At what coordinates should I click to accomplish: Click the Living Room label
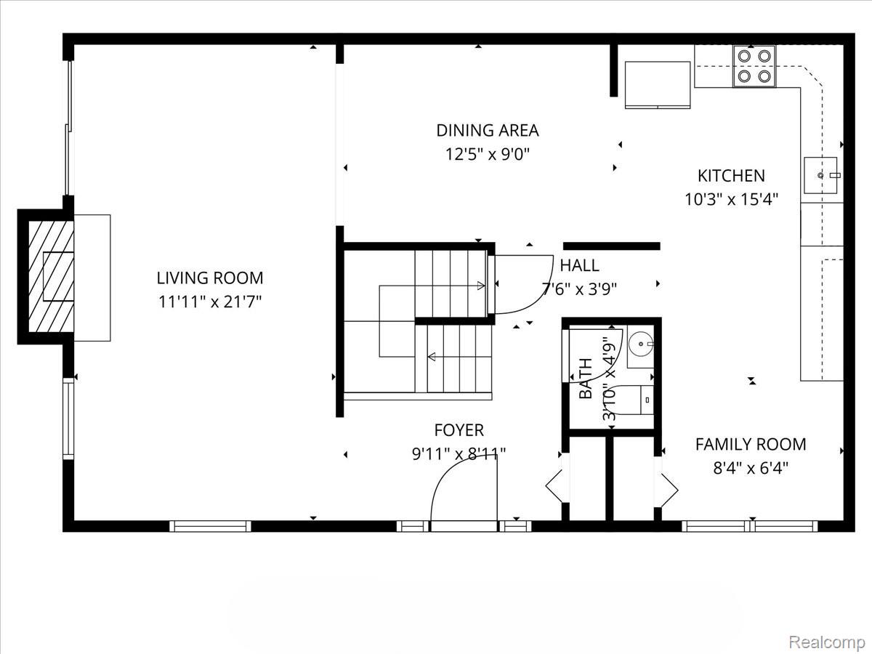click(x=210, y=278)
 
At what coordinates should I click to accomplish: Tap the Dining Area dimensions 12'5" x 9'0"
click(x=488, y=154)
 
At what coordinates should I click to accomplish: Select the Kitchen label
click(x=731, y=176)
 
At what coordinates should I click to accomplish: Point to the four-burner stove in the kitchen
click(x=754, y=65)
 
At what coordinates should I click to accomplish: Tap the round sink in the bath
click(x=639, y=342)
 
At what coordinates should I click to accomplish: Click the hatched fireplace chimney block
click(x=49, y=276)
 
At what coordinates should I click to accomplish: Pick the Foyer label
click(x=459, y=430)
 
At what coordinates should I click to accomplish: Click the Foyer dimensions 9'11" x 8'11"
click(x=459, y=454)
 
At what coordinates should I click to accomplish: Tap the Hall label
click(x=579, y=266)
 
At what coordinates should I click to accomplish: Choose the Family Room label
click(x=751, y=444)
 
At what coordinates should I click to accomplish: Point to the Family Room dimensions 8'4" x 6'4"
click(x=751, y=467)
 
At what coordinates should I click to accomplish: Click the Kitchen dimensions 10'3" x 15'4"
click(x=731, y=199)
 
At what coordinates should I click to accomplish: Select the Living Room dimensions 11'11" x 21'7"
click(x=210, y=302)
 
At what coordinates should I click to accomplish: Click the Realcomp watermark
click(x=826, y=642)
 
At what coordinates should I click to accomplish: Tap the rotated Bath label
click(x=586, y=379)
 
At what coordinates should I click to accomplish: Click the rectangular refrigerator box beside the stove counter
click(x=658, y=84)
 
